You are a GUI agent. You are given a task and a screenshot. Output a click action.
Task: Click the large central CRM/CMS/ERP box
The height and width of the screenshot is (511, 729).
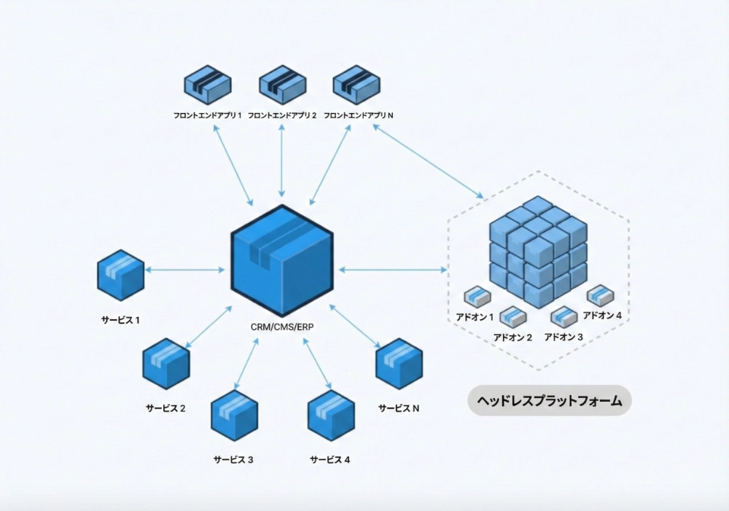[282, 260]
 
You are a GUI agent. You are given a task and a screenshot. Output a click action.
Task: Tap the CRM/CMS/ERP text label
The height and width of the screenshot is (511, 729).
[282, 327]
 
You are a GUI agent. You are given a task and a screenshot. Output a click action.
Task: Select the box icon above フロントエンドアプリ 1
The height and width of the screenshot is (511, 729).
[207, 85]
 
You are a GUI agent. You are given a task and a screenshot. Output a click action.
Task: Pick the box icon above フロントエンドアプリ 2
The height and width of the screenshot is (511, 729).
[281, 85]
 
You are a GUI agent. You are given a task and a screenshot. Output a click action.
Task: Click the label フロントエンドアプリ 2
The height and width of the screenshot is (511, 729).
[282, 115]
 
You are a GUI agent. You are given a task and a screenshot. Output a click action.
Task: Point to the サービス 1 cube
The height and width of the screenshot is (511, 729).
[120, 275]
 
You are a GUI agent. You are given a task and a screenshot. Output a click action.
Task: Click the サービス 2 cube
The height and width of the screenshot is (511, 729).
[166, 363]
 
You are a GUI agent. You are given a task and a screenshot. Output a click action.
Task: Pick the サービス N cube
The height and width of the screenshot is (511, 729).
[399, 363]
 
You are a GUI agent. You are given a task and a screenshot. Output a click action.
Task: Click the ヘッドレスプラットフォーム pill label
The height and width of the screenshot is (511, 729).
[549, 400]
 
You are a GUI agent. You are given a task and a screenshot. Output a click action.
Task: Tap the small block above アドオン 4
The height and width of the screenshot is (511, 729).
[600, 294]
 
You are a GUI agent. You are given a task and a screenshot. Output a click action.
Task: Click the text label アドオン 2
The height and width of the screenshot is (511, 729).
[512, 338]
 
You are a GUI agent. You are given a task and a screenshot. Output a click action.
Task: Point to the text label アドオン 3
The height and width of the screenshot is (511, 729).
[564, 338]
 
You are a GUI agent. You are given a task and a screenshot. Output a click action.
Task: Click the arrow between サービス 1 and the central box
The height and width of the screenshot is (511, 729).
[185, 270]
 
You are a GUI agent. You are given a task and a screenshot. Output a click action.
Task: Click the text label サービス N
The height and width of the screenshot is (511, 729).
[399, 409]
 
